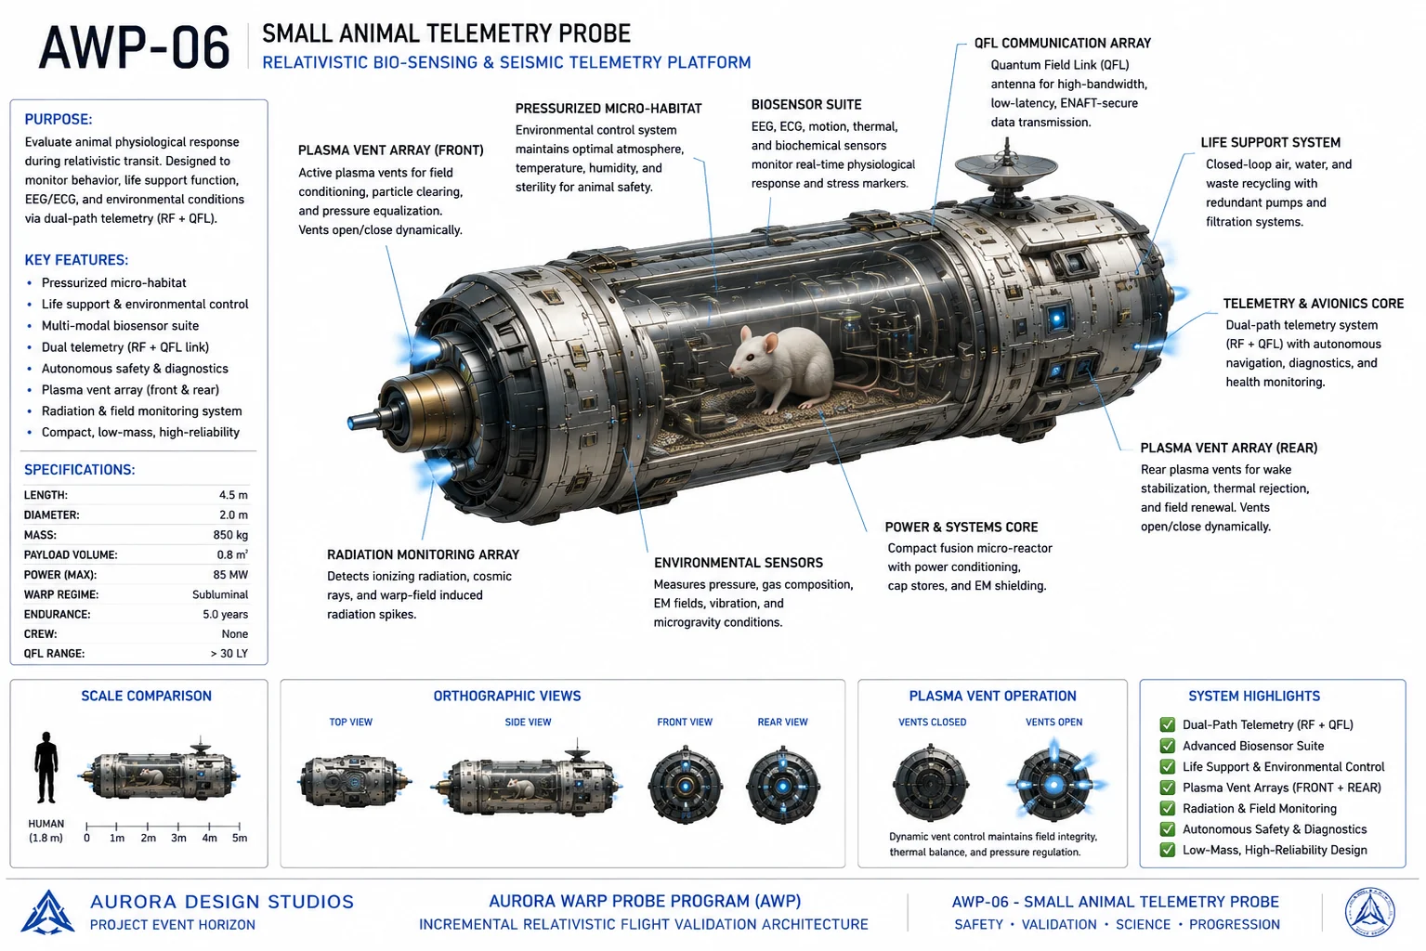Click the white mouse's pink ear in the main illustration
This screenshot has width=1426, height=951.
tap(771, 344)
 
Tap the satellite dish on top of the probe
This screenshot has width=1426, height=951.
tap(1006, 169)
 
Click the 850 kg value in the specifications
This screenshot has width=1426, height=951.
tap(230, 535)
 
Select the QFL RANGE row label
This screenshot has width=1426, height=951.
tap(54, 654)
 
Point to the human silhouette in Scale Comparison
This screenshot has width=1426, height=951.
tap(46, 767)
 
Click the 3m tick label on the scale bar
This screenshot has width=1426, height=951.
tap(178, 838)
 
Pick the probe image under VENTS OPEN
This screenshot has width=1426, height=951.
tap(1054, 784)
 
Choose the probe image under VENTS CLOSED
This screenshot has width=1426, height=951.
tap(931, 784)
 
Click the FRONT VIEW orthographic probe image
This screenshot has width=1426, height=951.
tap(685, 785)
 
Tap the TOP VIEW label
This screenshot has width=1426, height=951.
tap(351, 722)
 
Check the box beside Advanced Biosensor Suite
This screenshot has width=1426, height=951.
tap(1168, 746)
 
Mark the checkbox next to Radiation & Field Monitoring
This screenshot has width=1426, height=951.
tap(1168, 808)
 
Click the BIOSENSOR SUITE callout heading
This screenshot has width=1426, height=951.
tap(806, 104)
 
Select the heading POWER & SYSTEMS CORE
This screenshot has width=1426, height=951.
tap(962, 528)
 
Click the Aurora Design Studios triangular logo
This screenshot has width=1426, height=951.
tap(47, 912)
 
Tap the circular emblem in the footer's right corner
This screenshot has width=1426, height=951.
tap(1370, 912)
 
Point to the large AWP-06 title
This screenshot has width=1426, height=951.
tap(134, 47)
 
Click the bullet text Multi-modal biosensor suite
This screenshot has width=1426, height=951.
tap(121, 326)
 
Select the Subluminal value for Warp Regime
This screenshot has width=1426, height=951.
tap(220, 594)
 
